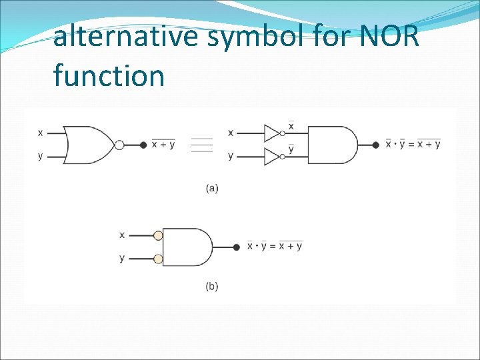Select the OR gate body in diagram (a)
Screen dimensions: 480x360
[89, 145]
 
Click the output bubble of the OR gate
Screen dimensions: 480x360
[119, 145]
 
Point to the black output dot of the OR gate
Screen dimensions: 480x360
[143, 145]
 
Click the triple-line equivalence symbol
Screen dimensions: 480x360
[201, 145]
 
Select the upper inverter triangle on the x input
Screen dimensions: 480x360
[272, 133]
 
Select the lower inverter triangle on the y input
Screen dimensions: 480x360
[272, 156]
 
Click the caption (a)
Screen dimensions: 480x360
[211, 188]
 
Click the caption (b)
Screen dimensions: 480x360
[211, 287]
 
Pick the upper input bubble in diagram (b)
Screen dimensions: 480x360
[158, 235]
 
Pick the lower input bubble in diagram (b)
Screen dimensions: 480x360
[158, 259]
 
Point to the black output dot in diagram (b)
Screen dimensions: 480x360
[237, 247]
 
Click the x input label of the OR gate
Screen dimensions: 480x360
[41, 133]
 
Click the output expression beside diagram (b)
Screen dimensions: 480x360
[275, 246]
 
